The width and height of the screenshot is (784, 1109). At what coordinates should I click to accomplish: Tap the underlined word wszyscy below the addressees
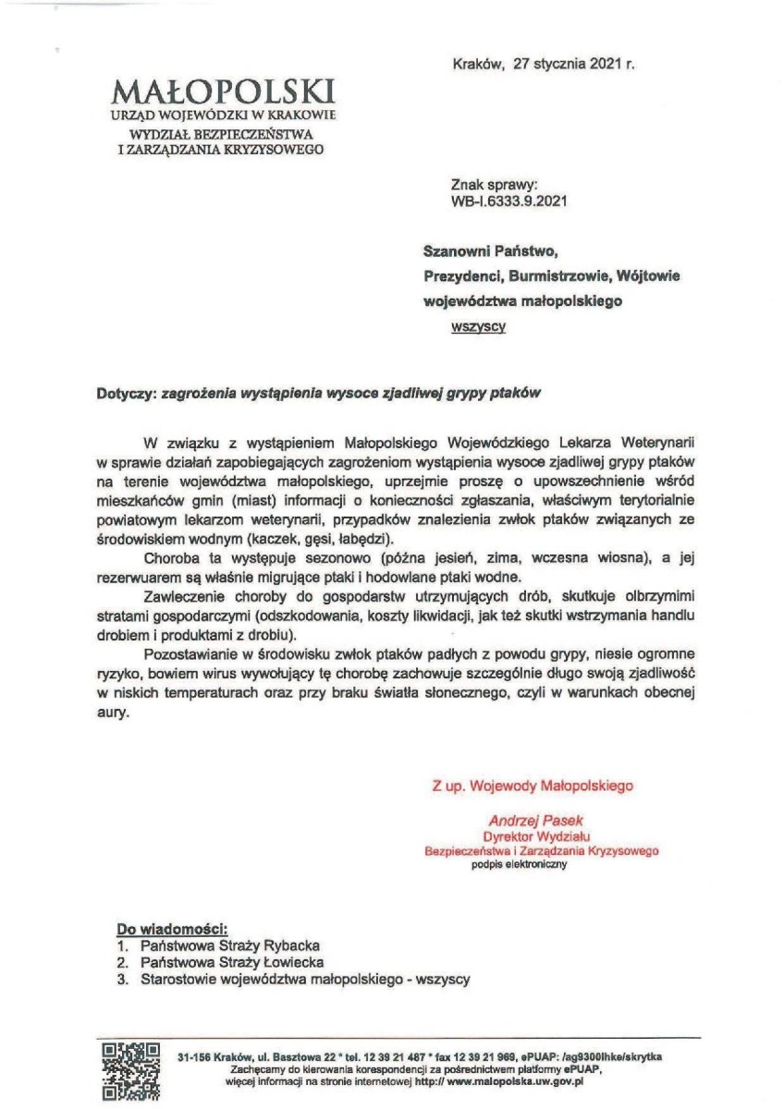coord(477,326)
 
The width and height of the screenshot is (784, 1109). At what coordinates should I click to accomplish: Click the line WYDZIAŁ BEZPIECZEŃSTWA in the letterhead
coord(220,134)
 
